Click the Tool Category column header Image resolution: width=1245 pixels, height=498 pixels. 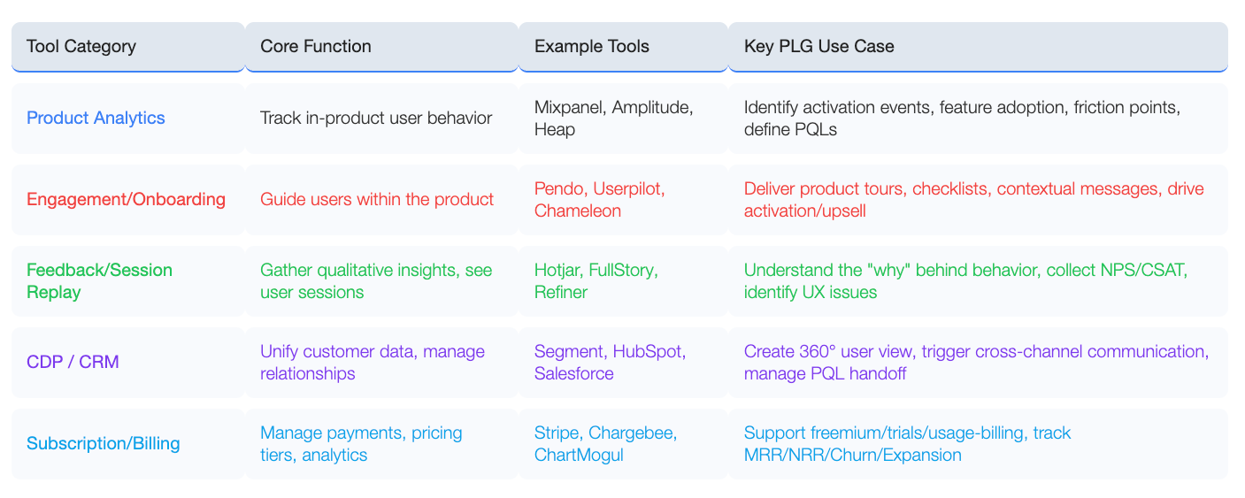81,46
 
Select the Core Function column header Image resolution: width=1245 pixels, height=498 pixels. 316,46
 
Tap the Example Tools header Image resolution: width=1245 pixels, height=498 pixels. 591,46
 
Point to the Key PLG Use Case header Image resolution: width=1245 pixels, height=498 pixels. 818,46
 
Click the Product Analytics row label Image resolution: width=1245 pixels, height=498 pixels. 96,118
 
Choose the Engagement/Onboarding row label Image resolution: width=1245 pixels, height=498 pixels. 127,199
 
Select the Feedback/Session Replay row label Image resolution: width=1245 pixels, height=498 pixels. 99,280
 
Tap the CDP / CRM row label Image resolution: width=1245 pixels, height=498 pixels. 73,362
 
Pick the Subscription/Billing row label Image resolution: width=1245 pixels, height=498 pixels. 104,443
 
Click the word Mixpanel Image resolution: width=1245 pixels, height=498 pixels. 570,107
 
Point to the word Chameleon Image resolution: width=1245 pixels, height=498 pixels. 578,211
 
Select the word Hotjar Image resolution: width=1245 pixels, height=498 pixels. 557,270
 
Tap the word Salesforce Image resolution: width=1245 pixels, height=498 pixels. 574,373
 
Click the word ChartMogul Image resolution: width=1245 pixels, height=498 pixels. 579,455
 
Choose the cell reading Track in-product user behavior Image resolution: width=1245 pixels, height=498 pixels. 376,118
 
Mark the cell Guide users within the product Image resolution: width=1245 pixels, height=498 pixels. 377,199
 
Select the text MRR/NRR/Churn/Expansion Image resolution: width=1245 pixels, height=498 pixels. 853,455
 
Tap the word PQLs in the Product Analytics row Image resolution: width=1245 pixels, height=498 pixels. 815,129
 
